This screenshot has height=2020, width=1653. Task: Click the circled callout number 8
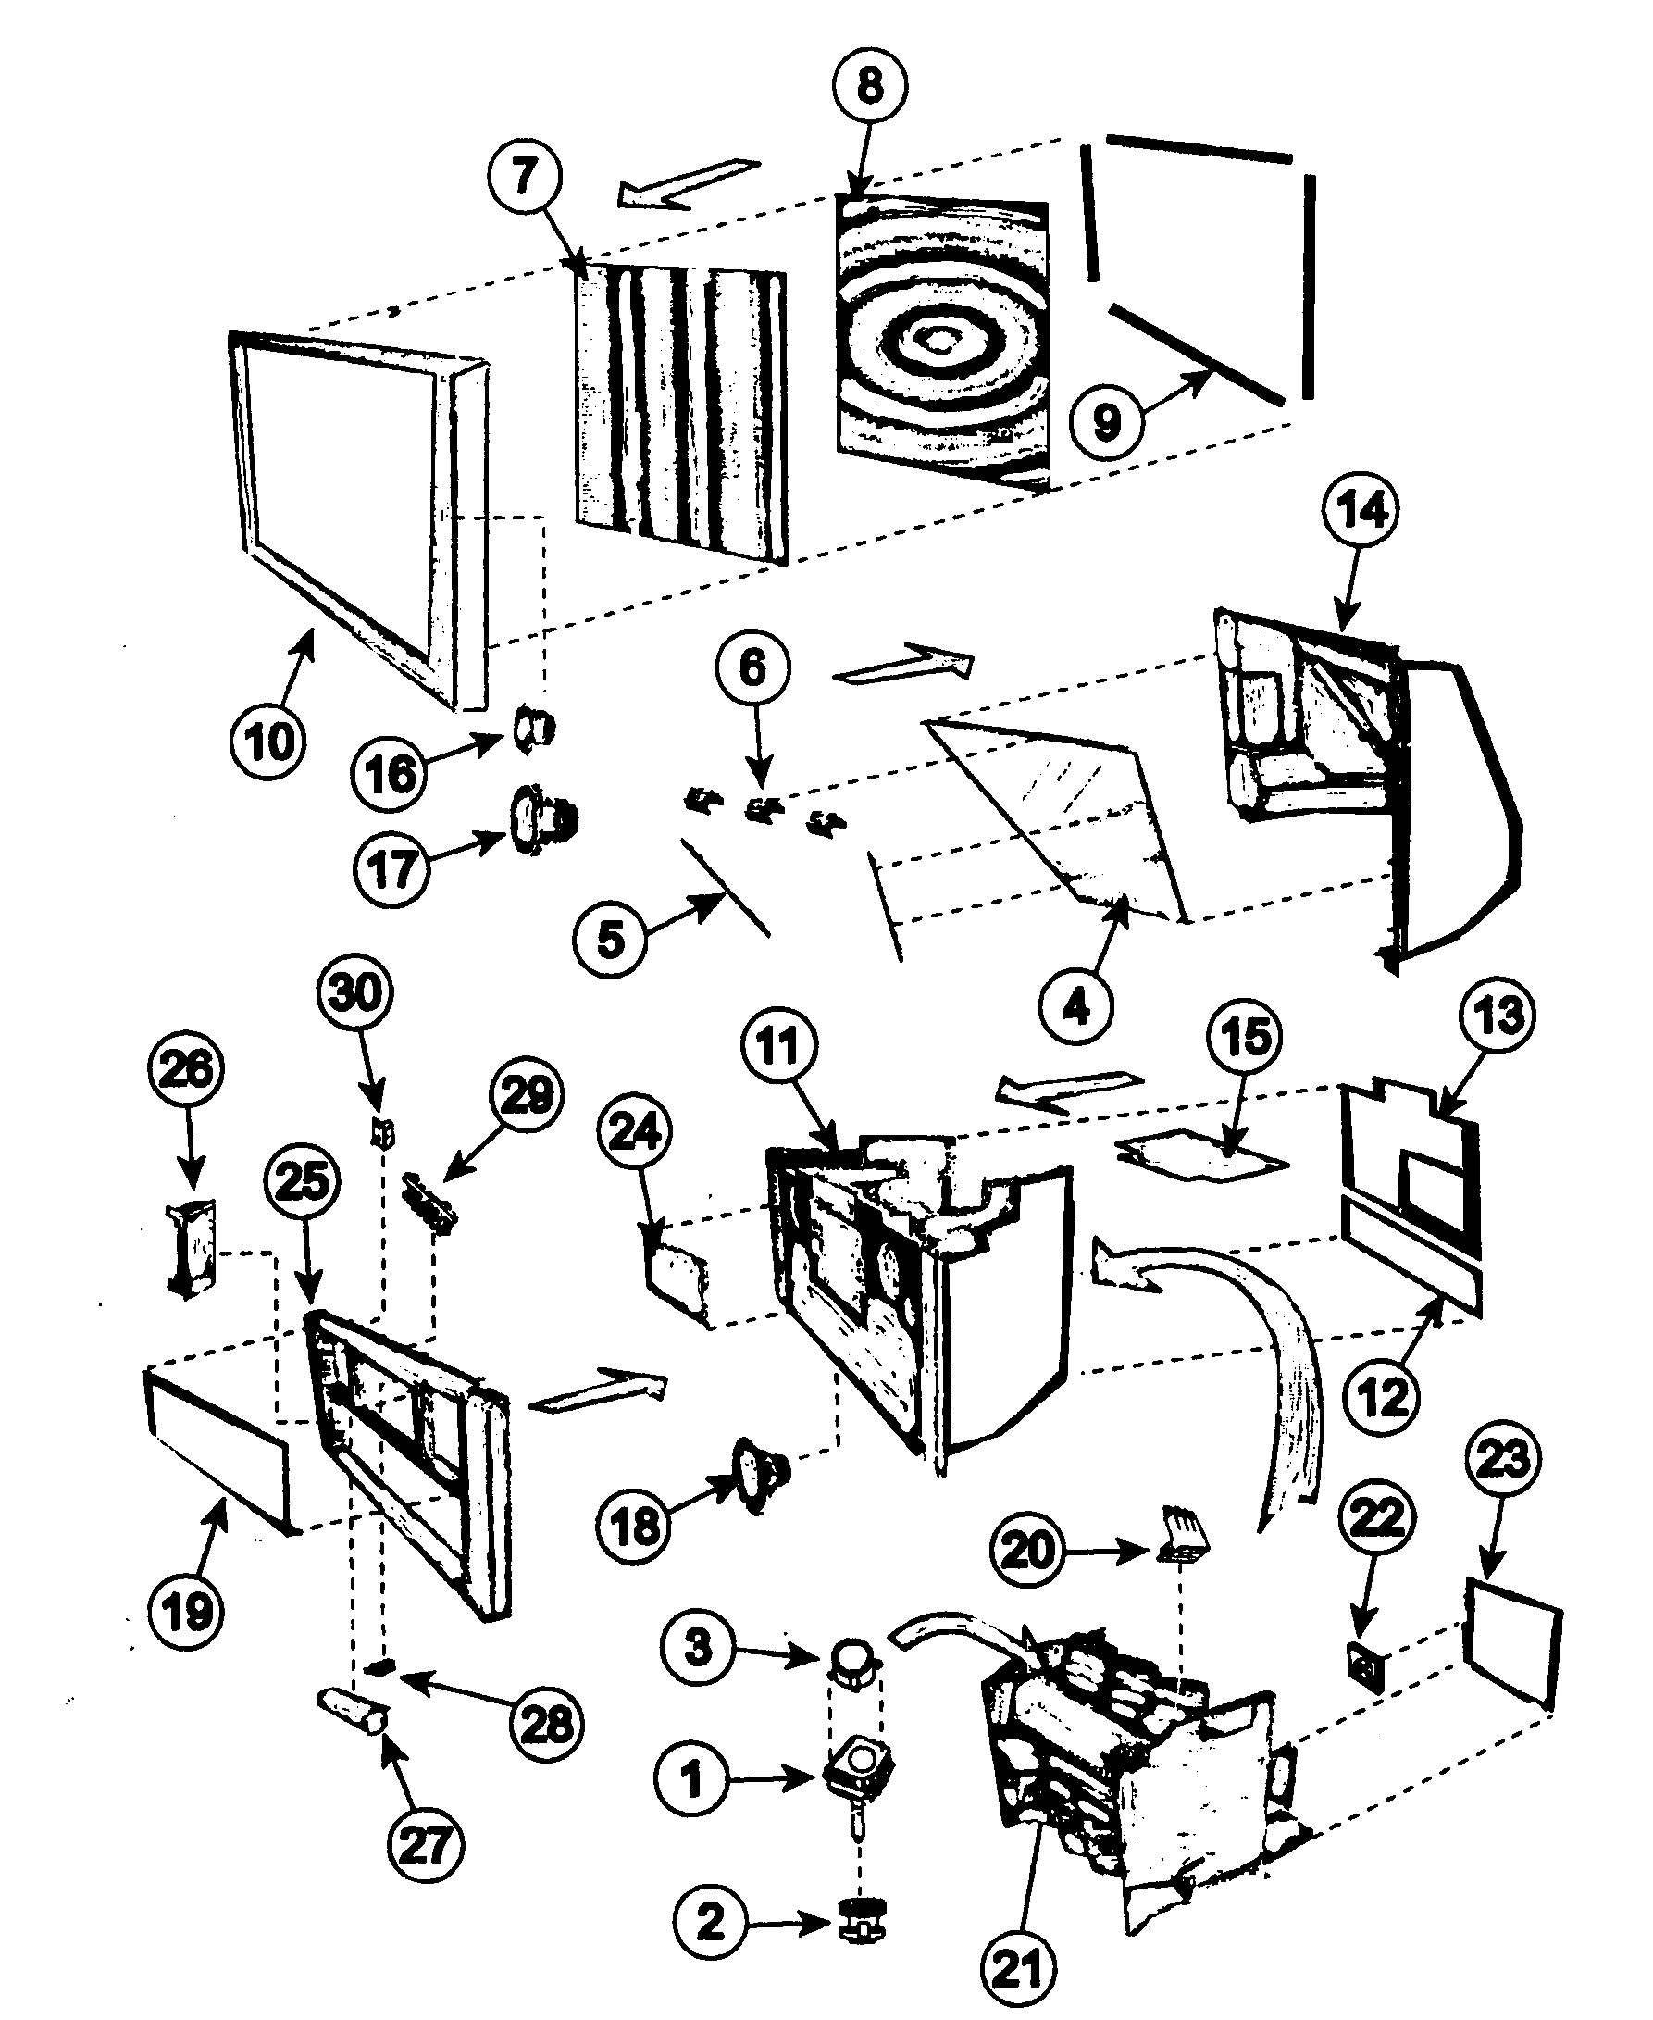pyautogui.click(x=869, y=86)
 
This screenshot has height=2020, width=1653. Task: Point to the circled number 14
pyautogui.click(x=1361, y=510)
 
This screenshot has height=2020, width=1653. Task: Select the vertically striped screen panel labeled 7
pyautogui.click(x=681, y=415)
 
